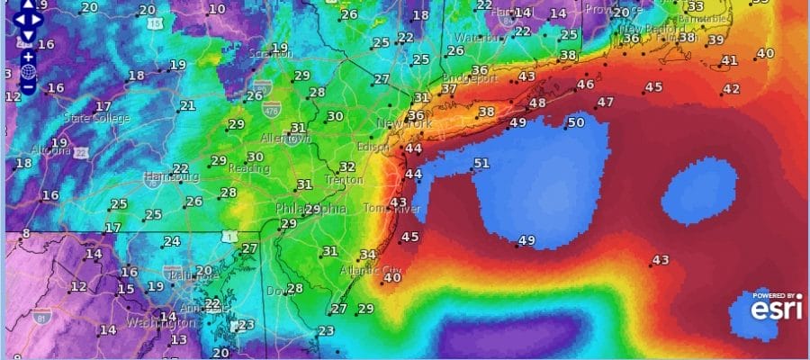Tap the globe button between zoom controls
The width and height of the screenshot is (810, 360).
[28, 70]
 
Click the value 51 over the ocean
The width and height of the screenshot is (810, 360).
[481, 163]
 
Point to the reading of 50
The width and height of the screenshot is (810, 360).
[576, 122]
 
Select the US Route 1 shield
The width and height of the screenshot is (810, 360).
[232, 236]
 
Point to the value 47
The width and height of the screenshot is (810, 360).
[605, 103]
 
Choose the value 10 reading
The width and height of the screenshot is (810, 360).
[217, 9]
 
